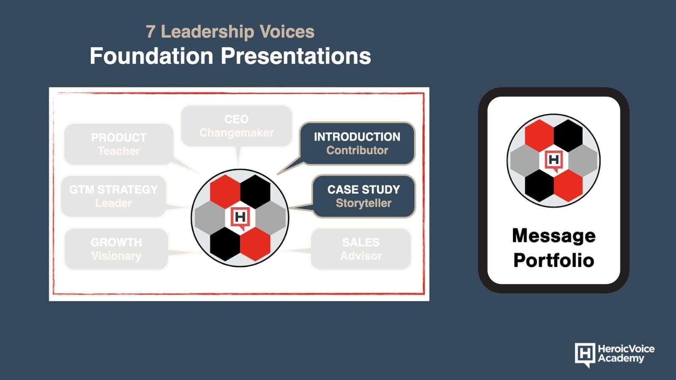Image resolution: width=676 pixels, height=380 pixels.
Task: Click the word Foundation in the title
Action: coord(152,56)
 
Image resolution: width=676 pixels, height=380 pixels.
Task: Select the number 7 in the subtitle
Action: coord(150,32)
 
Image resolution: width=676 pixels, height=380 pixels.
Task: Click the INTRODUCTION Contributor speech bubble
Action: coord(357,144)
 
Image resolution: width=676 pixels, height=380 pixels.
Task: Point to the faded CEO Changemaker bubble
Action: coord(237,126)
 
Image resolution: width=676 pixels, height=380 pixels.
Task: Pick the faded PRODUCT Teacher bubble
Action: coord(119,144)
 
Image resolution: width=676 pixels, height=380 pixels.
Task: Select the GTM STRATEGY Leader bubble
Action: coord(114,196)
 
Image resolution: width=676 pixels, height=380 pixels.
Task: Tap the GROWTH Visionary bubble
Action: coord(116,249)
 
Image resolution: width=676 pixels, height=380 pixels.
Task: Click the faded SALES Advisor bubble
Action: coord(361,249)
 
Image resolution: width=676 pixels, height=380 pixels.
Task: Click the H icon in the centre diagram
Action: coord(240,218)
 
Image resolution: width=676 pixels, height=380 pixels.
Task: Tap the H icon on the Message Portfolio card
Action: coord(553,160)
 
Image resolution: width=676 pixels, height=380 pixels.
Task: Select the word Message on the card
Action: coord(554,236)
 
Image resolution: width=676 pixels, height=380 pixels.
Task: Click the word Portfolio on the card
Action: coord(554,260)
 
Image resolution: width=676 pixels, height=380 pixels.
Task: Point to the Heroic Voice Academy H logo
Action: coord(585,355)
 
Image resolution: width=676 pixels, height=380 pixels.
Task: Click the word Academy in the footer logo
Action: coord(621,358)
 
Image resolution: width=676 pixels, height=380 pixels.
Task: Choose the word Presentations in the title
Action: coord(296,56)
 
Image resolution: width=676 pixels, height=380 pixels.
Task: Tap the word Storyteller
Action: coord(364,203)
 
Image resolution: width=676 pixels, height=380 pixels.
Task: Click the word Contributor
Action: coord(357,150)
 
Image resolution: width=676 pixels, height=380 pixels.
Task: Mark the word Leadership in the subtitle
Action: coord(207,32)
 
